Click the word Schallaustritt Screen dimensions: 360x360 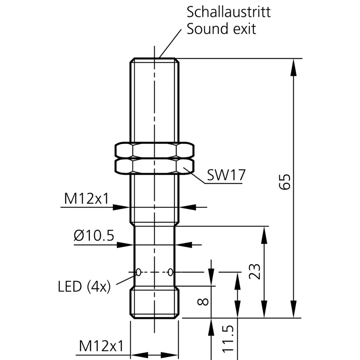tap(228, 12)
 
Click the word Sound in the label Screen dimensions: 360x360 tap(206, 29)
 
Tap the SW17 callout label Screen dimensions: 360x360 tap(226, 175)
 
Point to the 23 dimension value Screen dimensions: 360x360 tap(255, 271)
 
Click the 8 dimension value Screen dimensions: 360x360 tap(203, 301)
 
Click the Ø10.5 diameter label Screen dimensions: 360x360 tap(94, 235)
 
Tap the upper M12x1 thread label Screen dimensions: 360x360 tap(86, 199)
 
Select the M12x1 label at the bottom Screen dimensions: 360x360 tap(101, 346)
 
